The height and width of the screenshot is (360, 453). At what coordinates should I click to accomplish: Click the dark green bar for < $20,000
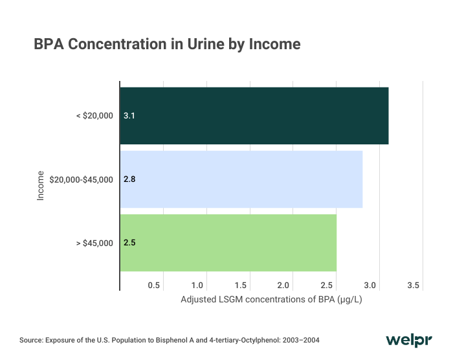pos(254,116)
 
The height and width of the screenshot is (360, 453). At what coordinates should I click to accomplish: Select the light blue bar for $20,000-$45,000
pos(241,179)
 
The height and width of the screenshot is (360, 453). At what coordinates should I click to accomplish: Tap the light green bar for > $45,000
pos(228,243)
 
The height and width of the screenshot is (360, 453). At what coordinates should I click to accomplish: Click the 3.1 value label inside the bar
pos(129,116)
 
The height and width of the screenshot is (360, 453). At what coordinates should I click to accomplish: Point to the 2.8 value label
pos(129,179)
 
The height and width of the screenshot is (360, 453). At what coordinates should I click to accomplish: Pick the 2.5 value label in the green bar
pos(129,243)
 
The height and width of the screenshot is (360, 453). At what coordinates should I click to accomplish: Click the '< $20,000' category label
pos(94,116)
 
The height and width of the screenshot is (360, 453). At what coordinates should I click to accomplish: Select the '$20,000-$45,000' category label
pos(81,179)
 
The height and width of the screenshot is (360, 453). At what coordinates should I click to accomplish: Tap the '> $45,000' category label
pos(94,243)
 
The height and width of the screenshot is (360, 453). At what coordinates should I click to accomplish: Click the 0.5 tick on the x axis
pos(154,285)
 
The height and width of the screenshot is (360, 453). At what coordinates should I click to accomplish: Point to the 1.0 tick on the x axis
pos(197,285)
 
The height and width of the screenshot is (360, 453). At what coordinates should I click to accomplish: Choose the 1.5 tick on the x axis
pos(241,285)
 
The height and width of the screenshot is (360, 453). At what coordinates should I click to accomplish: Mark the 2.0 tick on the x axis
pos(284,285)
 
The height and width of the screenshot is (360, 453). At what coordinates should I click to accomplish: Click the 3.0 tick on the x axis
pos(371,285)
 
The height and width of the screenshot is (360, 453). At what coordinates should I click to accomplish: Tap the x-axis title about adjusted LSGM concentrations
pos(271,300)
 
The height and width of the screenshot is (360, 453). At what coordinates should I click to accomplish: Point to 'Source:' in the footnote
pos(31,340)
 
